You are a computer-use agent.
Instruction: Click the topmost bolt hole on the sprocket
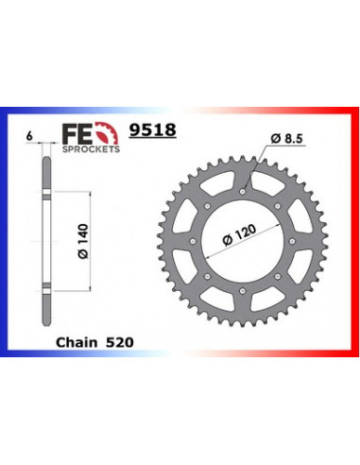point(242,190)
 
